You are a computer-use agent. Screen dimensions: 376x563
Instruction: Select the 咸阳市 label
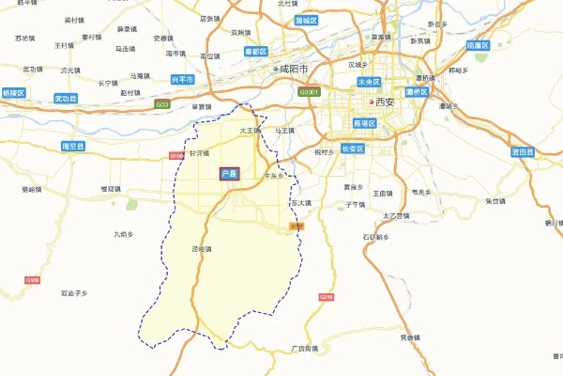tap(294, 69)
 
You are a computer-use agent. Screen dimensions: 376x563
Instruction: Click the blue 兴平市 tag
tap(183, 81)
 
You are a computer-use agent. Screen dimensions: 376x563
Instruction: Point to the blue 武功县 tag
tap(66, 97)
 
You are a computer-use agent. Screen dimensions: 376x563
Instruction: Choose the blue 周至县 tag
tap(72, 147)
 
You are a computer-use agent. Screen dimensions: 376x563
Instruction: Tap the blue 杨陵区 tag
tap(13, 94)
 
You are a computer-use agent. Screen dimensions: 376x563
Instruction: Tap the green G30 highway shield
tap(163, 104)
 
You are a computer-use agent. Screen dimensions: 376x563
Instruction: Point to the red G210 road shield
tap(327, 297)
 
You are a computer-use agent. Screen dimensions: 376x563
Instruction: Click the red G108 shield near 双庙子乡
tap(33, 280)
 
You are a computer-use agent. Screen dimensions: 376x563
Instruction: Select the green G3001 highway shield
tap(310, 92)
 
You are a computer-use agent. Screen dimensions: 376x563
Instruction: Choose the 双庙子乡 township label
tap(74, 293)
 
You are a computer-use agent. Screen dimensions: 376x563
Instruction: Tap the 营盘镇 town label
tap(409, 337)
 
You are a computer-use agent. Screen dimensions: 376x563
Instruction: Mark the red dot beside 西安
tap(373, 102)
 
